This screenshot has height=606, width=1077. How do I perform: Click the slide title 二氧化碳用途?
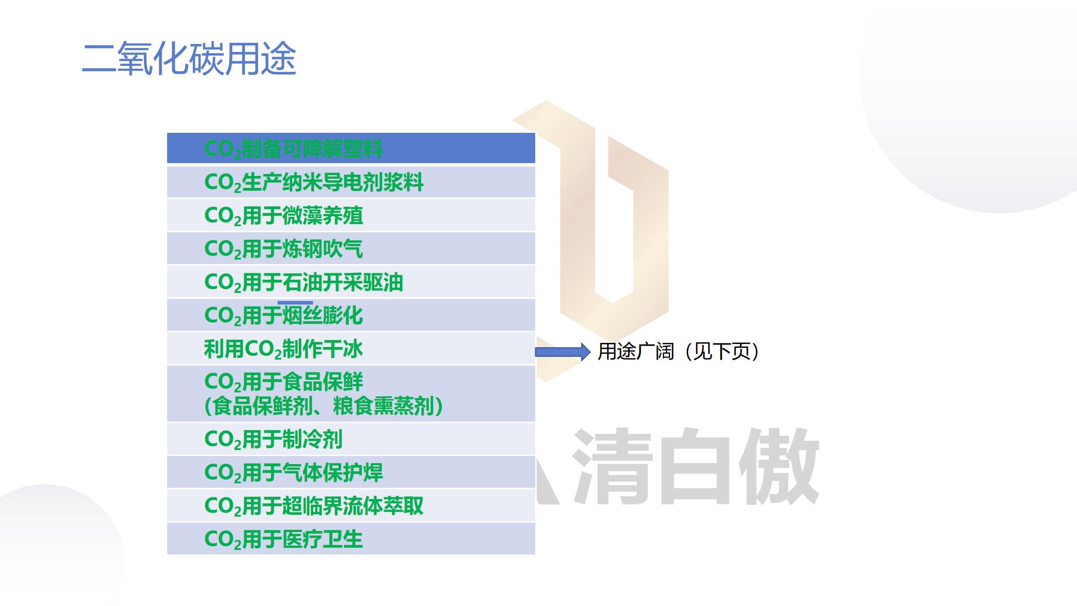coord(189,59)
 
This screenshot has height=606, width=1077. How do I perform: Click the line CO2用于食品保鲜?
coord(283,382)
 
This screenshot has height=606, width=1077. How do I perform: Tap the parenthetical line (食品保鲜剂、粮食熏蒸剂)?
coord(324,406)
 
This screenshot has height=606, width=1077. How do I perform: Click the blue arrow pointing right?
coord(562,352)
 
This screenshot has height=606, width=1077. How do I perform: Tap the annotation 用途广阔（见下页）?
coord(678,351)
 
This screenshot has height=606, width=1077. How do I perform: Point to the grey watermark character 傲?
coord(779,466)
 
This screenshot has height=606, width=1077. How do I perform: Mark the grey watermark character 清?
coord(612,466)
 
